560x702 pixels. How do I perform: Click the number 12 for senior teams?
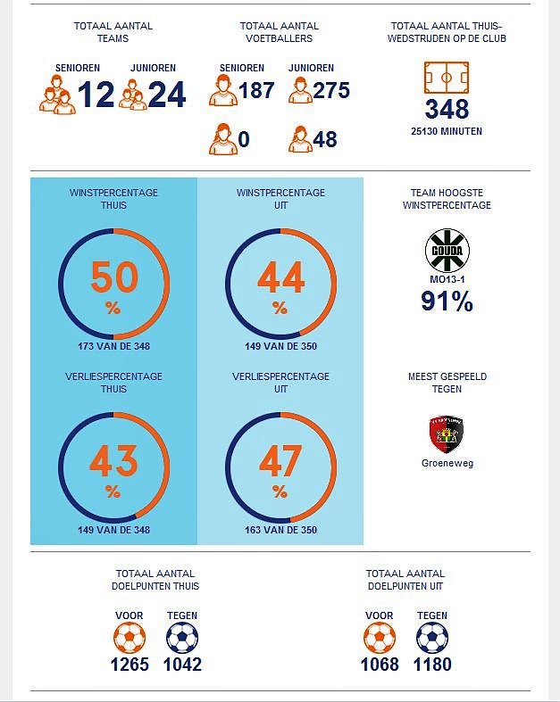pyautogui.click(x=96, y=95)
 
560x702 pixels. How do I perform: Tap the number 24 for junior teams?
pyautogui.click(x=166, y=95)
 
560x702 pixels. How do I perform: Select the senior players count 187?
pyautogui.click(x=256, y=90)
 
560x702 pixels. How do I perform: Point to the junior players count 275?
pyautogui.click(x=330, y=90)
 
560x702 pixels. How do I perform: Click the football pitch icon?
pyautogui.click(x=447, y=78)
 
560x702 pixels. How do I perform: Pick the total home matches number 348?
pyautogui.click(x=447, y=110)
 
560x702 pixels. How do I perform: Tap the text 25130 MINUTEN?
pyautogui.click(x=447, y=131)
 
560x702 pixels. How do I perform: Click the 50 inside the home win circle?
pyautogui.click(x=113, y=278)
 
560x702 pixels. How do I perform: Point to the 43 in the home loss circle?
pyautogui.click(x=113, y=462)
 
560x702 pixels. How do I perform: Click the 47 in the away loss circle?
pyautogui.click(x=280, y=462)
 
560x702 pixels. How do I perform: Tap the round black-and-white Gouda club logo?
pyautogui.click(x=447, y=251)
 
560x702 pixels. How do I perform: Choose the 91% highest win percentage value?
pyautogui.click(x=447, y=301)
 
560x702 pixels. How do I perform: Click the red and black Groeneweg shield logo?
pyautogui.click(x=447, y=434)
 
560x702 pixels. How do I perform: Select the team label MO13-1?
pyautogui.click(x=447, y=279)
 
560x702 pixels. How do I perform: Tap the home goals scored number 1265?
pyautogui.click(x=130, y=665)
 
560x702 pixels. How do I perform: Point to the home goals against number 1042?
pyautogui.click(x=182, y=665)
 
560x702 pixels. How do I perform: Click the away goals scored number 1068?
pyautogui.click(x=380, y=665)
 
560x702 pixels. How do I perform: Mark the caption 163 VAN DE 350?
pyautogui.click(x=280, y=530)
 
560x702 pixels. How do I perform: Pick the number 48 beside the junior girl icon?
pyautogui.click(x=325, y=140)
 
